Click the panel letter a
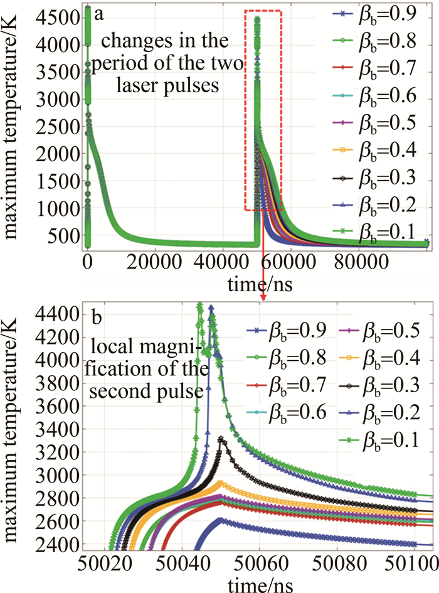[98, 14]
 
